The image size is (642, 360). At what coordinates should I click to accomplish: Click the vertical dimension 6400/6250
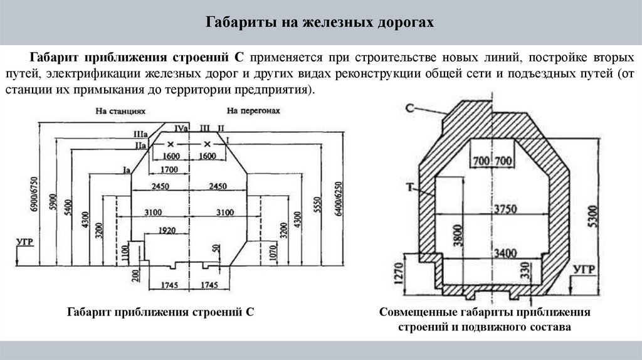339,199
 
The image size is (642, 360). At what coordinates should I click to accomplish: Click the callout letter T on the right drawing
409,186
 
